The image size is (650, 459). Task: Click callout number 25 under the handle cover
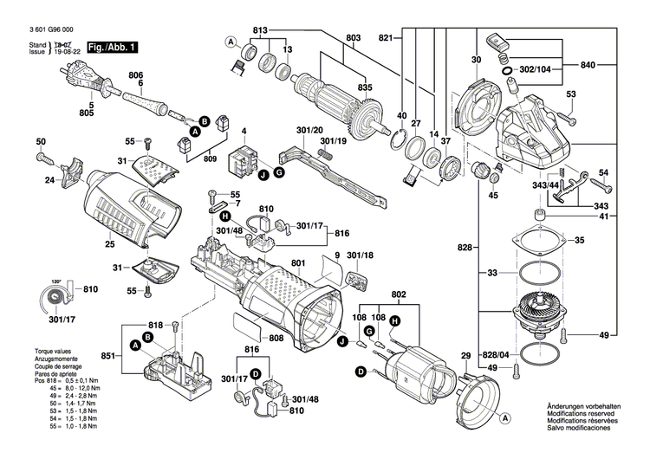(110, 245)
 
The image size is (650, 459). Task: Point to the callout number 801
(299, 263)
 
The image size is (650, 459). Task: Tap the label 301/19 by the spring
(335, 140)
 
